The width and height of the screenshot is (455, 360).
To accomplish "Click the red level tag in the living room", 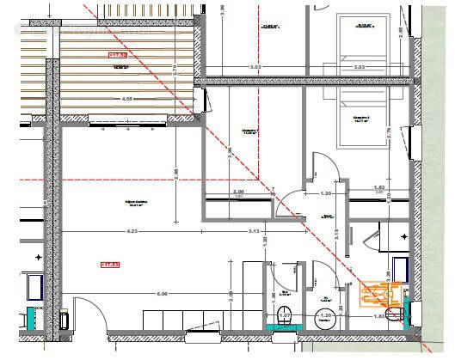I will pos(109,265).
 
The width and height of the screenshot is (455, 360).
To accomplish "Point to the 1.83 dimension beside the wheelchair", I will pos(379,316).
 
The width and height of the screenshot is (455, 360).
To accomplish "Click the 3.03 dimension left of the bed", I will pos(255,66).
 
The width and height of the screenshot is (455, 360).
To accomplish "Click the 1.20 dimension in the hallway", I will pos(326,194).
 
